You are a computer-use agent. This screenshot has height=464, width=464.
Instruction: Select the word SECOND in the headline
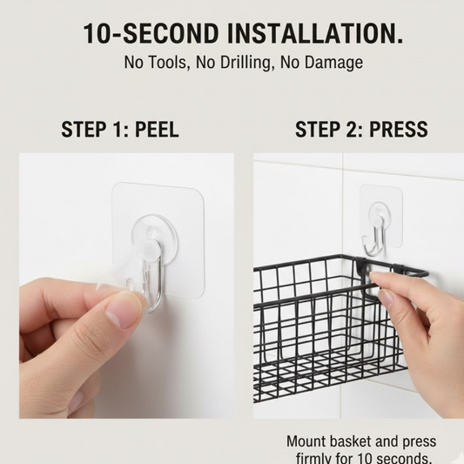pyautogui.click(x=171, y=33)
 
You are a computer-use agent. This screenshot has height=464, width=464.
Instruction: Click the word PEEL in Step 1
pyautogui.click(x=157, y=130)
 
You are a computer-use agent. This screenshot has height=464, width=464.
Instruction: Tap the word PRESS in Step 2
pyautogui.click(x=399, y=130)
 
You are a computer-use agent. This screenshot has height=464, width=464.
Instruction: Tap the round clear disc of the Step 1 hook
pyautogui.click(x=154, y=239)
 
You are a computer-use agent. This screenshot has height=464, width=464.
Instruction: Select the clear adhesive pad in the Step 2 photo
pyautogui.click(x=381, y=215)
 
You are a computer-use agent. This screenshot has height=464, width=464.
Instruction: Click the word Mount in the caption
pyautogui.click(x=306, y=441)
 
